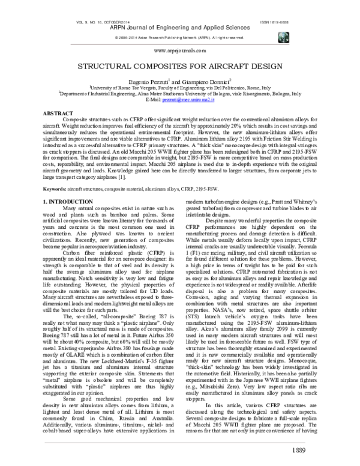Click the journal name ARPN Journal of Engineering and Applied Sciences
180,26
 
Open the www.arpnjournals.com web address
180,52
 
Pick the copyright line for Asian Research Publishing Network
180,37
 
